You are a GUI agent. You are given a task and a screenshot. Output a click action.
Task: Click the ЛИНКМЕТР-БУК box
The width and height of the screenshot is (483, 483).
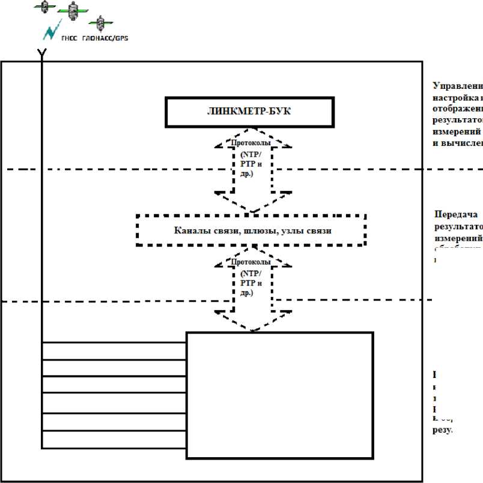coord(249,112)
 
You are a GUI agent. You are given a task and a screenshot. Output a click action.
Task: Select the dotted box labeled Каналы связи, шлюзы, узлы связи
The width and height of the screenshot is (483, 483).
coord(251,230)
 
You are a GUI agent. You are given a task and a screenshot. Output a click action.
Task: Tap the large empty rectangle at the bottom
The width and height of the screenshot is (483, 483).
coord(279,395)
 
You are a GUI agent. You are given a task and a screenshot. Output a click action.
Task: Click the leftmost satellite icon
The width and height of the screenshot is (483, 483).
coord(43,6)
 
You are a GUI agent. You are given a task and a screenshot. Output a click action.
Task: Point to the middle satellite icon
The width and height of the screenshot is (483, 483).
coord(73,10)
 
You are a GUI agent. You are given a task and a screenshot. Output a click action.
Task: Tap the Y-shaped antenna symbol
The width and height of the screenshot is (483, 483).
coord(41,53)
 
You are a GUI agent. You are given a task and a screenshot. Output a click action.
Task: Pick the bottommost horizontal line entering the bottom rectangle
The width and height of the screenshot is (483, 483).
coord(114,448)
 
